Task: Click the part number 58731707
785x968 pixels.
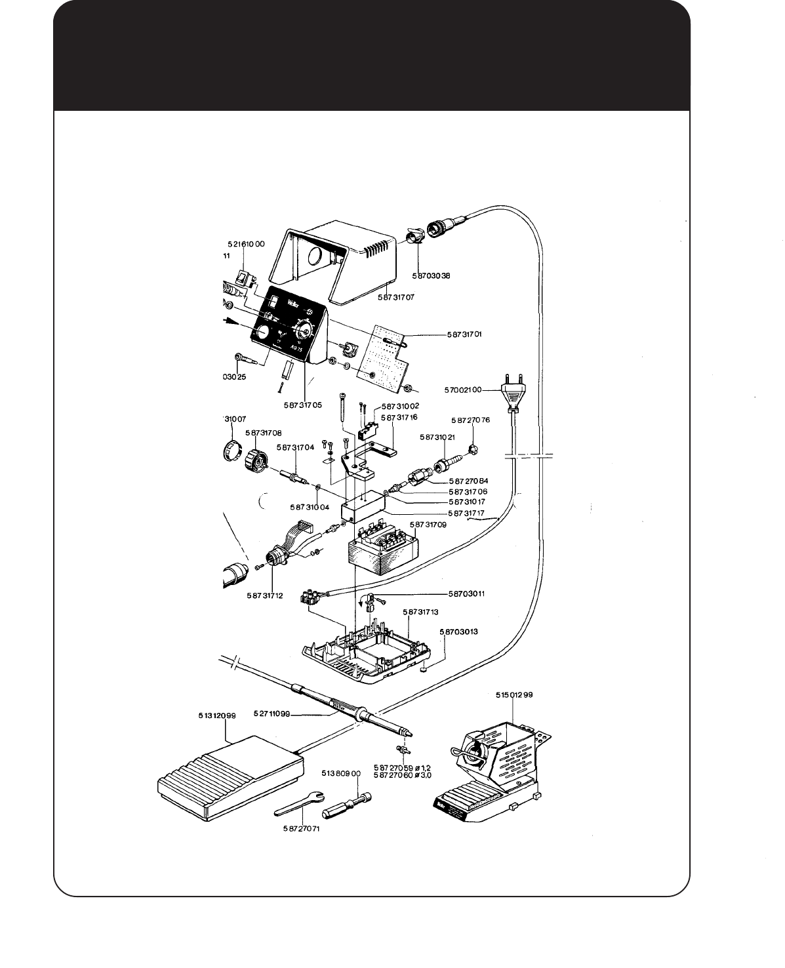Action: click(x=396, y=297)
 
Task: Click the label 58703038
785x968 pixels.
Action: click(x=432, y=275)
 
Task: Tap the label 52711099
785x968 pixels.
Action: click(x=271, y=714)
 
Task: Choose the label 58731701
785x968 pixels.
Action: click(x=464, y=334)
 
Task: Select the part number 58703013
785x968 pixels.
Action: click(x=458, y=632)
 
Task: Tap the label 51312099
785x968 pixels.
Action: click(x=217, y=716)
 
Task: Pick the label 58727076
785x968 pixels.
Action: click(x=470, y=419)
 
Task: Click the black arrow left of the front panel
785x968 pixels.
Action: click(x=231, y=321)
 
